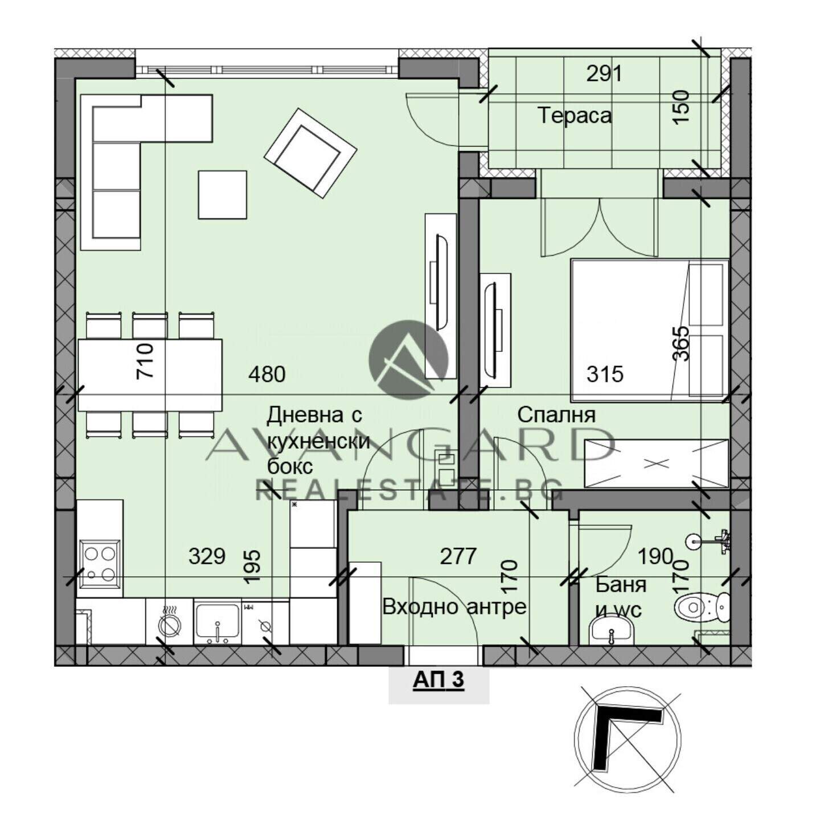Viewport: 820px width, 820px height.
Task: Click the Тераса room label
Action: pos(575,116)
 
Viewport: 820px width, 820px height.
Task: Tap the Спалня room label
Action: pos(556,415)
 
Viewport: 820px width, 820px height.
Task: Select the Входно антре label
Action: pos(454,607)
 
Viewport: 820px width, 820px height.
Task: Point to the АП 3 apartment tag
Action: pos(438,680)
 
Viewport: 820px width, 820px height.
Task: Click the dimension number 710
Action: pos(145,360)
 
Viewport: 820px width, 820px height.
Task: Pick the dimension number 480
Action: pos(267,375)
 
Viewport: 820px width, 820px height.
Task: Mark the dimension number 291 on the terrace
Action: pos(604,74)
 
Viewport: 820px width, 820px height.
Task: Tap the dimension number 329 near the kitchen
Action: pos(207,556)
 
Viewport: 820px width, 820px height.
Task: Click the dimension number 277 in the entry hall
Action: pos(458,556)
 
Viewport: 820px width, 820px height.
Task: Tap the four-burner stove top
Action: pos(100,563)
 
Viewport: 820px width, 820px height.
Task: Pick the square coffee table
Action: pos(223,195)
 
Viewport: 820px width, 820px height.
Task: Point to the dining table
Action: pos(150,375)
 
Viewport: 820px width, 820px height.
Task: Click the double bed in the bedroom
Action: pos(650,331)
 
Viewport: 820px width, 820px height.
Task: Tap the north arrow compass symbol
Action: pos(628,740)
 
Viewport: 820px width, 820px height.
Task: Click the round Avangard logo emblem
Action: pos(409,360)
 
